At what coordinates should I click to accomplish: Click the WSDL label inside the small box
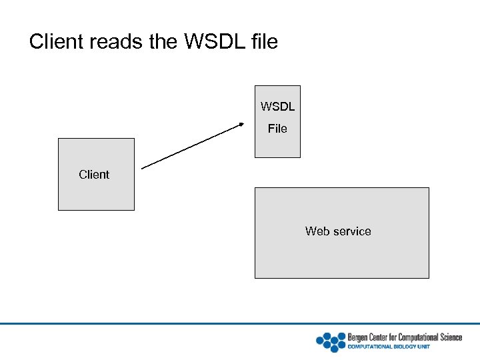point(277,107)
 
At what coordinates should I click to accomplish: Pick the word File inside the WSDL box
point(277,129)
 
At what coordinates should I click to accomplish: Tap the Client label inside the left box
point(94,175)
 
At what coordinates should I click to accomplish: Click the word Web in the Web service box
point(317,231)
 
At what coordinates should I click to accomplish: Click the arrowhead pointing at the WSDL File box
point(241,125)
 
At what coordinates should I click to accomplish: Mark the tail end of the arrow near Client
point(144,167)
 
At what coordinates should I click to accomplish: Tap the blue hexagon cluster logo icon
point(330,341)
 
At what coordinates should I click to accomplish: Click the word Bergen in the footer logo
point(359,337)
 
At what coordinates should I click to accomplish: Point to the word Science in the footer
point(449,337)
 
